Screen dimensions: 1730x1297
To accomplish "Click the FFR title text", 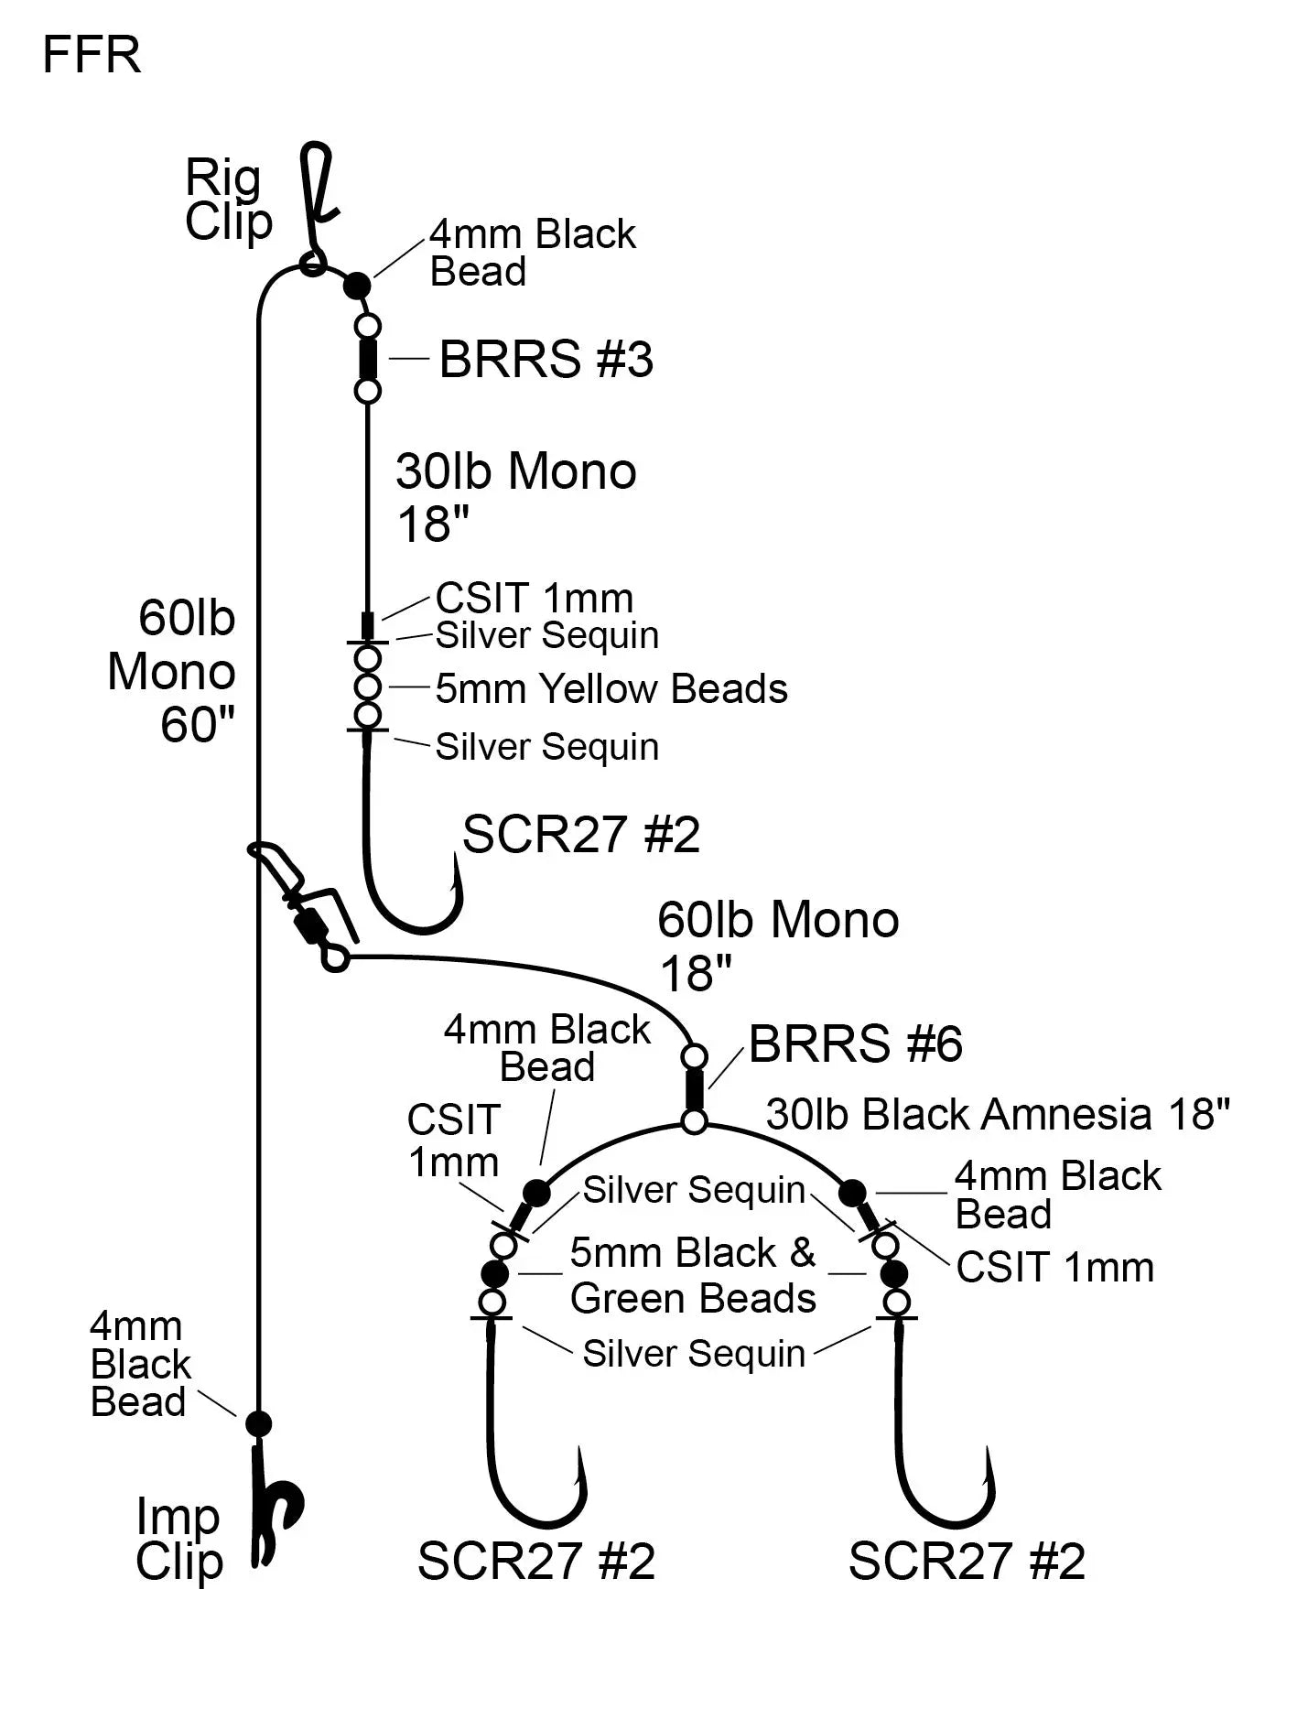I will coord(92,55).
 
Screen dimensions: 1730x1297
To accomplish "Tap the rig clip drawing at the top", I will coord(316,197).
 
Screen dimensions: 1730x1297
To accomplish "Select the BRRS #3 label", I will coord(546,359).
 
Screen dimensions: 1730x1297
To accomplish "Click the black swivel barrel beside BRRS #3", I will coord(368,359).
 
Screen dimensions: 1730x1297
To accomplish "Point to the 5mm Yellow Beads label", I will coord(611,689).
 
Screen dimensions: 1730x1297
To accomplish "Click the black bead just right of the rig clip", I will coord(357,286).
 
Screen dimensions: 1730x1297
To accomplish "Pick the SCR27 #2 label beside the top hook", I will coord(581,835).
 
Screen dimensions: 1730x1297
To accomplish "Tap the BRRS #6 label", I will coord(856,1044).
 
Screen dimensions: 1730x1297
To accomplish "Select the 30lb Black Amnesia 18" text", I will coord(998,1115).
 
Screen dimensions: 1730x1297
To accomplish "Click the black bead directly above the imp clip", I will coord(259,1423).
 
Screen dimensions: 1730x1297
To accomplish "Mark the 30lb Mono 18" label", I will coord(516,497).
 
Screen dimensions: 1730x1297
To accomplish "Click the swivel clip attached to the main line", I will coord(307,906).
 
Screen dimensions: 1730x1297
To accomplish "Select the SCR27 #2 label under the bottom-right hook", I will coord(967,1562).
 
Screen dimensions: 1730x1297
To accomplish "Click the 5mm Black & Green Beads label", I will coord(693,1275).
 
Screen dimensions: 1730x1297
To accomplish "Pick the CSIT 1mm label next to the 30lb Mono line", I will coord(535,599).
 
